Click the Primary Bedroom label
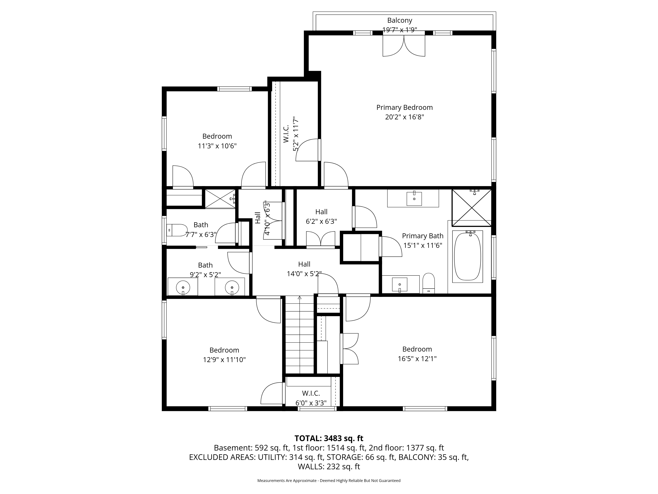(x=404, y=108)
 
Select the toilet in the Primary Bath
(x=429, y=283)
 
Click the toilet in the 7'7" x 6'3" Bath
(x=176, y=230)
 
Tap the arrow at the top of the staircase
(x=300, y=298)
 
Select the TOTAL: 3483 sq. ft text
(x=329, y=438)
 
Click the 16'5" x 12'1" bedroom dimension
(x=417, y=359)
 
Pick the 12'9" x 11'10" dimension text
(x=224, y=360)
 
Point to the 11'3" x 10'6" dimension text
(x=217, y=146)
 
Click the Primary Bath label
(x=423, y=236)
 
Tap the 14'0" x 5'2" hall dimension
(x=304, y=274)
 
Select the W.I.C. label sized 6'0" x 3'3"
(x=311, y=393)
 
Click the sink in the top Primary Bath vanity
(x=414, y=199)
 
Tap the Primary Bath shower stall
(x=471, y=207)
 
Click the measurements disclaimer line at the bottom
(x=329, y=481)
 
